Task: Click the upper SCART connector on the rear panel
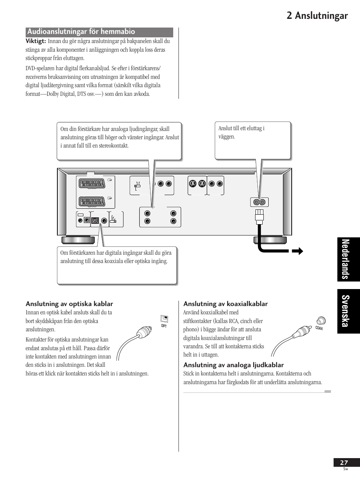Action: pyautogui.click(x=91, y=183)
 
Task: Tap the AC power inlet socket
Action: pyautogui.click(x=259, y=202)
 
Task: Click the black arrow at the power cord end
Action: pyautogui.click(x=298, y=251)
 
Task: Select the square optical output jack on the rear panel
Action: pyautogui.click(x=95, y=220)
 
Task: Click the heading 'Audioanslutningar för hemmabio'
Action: pyautogui.click(x=81, y=32)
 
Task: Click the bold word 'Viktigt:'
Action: pyautogui.click(x=36, y=41)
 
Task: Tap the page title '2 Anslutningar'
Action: pyautogui.click(x=317, y=15)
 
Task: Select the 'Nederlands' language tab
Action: pyautogui.click(x=349, y=259)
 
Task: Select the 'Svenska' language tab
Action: pyautogui.click(x=349, y=311)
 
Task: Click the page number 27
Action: pyautogui.click(x=344, y=463)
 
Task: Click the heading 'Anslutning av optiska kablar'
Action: pyautogui.click(x=69, y=304)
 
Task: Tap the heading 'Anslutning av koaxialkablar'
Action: pyautogui.click(x=226, y=304)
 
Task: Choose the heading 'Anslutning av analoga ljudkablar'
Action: pyautogui.click(x=234, y=365)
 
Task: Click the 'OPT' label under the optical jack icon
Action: pyautogui.click(x=164, y=326)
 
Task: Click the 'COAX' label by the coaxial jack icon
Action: pyautogui.click(x=319, y=328)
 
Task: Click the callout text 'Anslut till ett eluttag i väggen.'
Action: pyautogui.click(x=242, y=132)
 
